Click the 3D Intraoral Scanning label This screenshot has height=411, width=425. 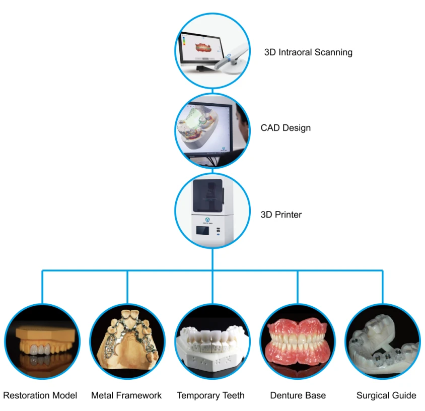click(308, 52)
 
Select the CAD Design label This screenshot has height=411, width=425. click(286, 128)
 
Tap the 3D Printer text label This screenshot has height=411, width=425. click(281, 215)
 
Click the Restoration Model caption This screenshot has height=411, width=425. click(40, 395)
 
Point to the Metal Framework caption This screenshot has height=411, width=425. click(126, 395)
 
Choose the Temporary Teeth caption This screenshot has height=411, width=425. click(210, 395)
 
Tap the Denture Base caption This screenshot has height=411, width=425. click(298, 395)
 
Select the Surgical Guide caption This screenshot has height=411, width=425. click(386, 395)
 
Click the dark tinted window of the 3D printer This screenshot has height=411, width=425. click(208, 195)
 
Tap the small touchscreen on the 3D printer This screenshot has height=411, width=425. click(202, 231)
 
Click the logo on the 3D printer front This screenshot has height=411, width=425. click(207, 220)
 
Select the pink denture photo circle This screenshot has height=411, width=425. click(298, 341)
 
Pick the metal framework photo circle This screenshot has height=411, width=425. click(127, 341)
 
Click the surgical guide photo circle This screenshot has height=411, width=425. click(383, 341)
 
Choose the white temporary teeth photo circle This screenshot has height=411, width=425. click(212, 341)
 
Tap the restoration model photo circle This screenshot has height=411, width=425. click(42, 341)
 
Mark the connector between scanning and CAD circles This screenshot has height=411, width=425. click(212, 91)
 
